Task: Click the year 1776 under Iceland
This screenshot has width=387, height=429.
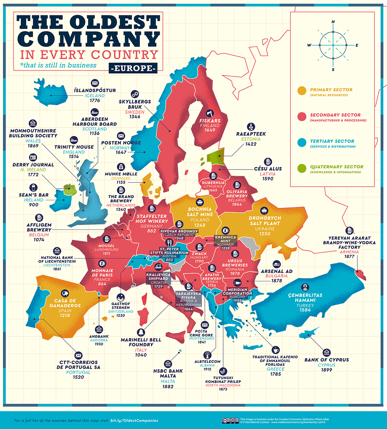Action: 95,102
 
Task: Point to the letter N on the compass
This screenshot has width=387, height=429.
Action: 333,22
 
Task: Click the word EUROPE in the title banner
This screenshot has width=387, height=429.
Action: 133,68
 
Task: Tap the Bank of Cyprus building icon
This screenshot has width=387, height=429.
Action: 327,352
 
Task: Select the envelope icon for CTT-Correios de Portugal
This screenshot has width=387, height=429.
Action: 78,355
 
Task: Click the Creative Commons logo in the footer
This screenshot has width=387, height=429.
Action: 230,420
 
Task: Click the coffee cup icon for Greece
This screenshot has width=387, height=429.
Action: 275,349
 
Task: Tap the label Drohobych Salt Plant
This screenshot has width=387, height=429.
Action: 265,221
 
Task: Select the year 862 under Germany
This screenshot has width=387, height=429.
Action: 152,231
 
